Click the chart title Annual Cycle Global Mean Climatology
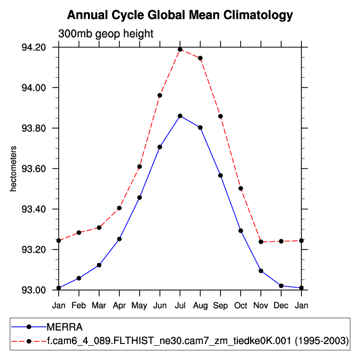(180, 15)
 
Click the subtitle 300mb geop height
(106, 34)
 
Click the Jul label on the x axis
(180, 305)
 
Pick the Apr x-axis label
(119, 305)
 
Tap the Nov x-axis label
(261, 305)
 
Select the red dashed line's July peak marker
(180, 50)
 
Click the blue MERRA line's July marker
(180, 116)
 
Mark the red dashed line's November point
(261, 242)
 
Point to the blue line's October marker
(241, 231)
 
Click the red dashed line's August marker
(201, 58)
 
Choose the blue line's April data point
(119, 239)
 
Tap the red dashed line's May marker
(140, 166)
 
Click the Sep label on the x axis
(220, 305)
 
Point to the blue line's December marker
(281, 286)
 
